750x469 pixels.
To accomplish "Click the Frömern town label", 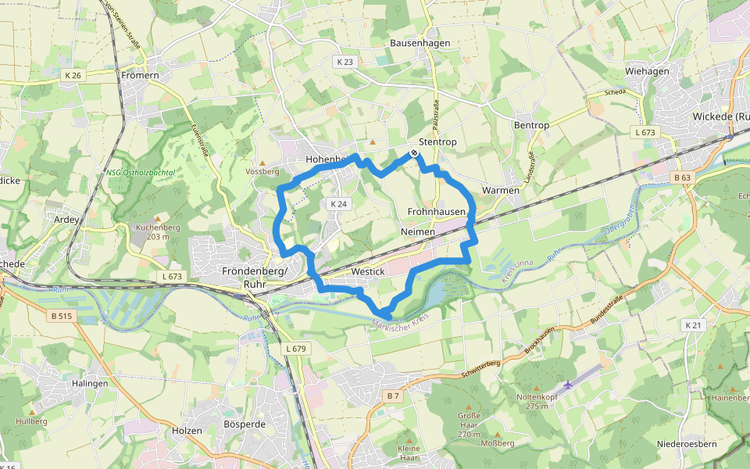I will [141, 75].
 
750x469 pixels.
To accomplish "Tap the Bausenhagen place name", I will [420, 43].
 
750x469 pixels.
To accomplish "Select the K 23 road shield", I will [345, 61].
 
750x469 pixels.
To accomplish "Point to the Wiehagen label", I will [647, 71].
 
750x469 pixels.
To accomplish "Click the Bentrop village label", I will [531, 125].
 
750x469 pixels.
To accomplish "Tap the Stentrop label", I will [437, 142].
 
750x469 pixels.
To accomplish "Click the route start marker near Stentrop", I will [413, 153].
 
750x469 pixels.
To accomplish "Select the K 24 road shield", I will [338, 203].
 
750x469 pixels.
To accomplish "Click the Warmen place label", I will [501, 190].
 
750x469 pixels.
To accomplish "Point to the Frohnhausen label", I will [437, 212].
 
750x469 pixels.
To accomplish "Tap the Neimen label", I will [417, 232].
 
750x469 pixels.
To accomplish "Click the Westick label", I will [369, 271].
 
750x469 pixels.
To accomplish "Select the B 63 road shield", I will [681, 177].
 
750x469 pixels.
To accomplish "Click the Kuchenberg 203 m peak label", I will [158, 231].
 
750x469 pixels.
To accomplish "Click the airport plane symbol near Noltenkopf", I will [567, 385].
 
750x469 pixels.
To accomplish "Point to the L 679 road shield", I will [295, 347].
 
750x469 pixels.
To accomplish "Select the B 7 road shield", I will [393, 396].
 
